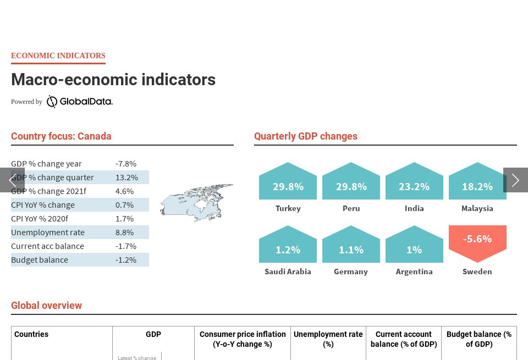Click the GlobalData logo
[x=79, y=102]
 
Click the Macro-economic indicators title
[x=113, y=80]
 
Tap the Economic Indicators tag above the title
[x=58, y=56]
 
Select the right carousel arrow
[x=515, y=180]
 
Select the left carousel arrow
[x=12, y=180]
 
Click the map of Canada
[x=196, y=202]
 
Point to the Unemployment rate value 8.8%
[x=124, y=232]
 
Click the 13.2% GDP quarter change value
[x=127, y=178]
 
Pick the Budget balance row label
[x=40, y=260]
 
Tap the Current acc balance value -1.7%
[x=126, y=246]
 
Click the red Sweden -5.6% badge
[x=477, y=242]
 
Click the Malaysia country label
[x=477, y=208]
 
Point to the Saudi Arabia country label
[x=288, y=272]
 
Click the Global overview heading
[x=47, y=306]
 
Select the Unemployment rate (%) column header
[x=328, y=339]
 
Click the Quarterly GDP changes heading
[x=306, y=136]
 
